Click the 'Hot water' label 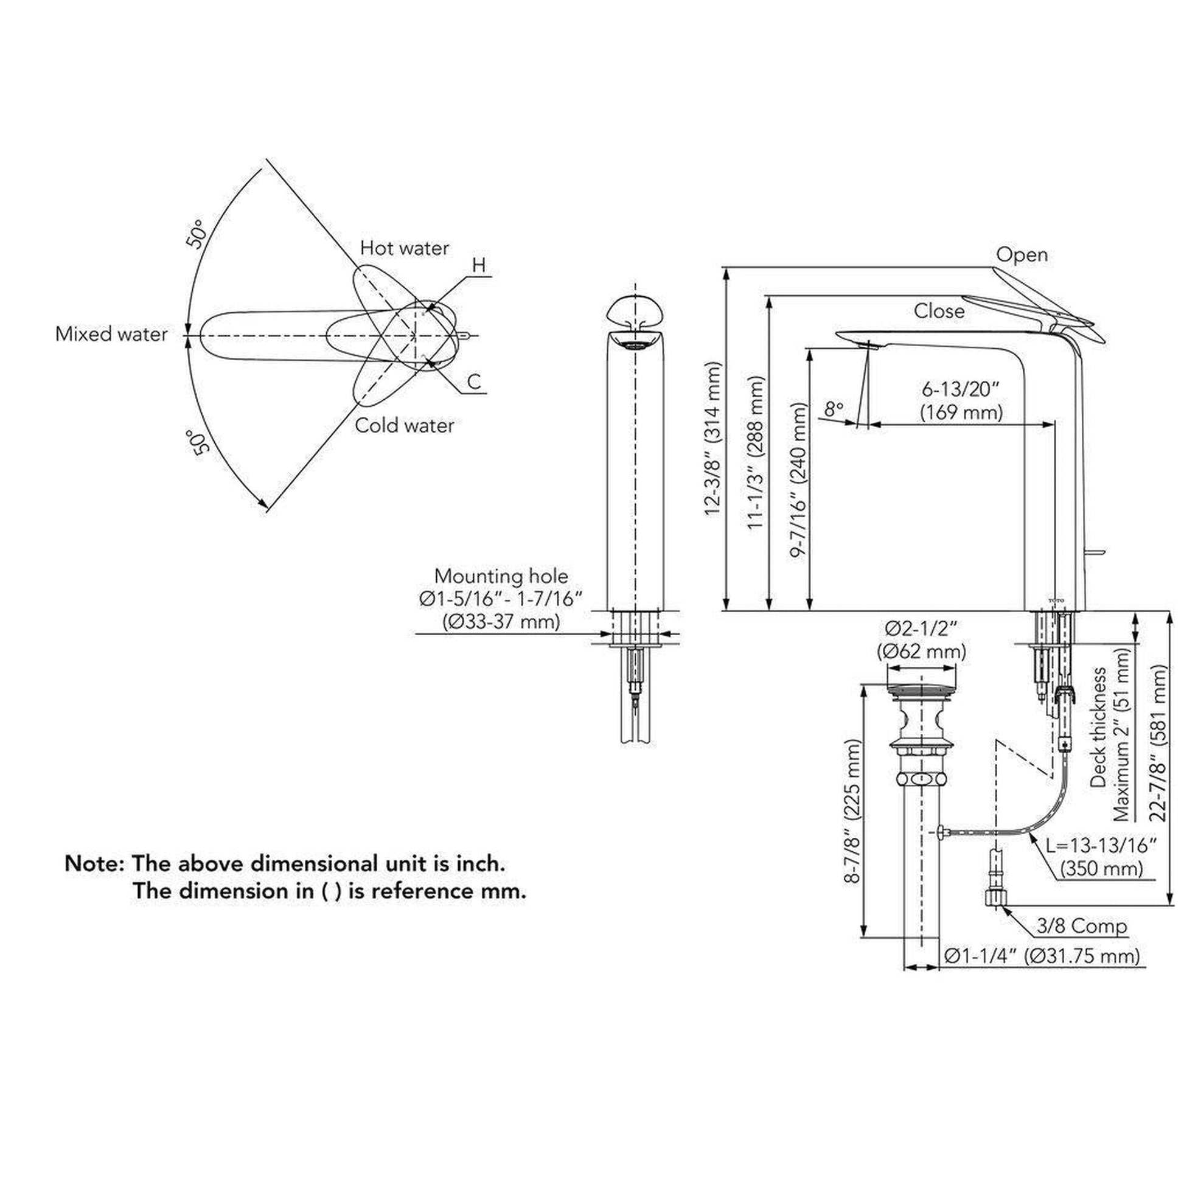tap(404, 248)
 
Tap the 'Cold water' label tap(405, 425)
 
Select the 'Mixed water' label tap(111, 335)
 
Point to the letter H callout tap(479, 265)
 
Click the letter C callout tap(475, 382)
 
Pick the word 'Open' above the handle tap(1021, 255)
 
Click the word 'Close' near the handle tap(939, 311)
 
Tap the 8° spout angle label tap(834, 409)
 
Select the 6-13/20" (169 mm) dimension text tap(961, 401)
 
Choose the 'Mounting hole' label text tap(501, 576)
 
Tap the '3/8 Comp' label tap(1082, 926)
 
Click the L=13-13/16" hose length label tap(1100, 846)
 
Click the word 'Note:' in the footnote tap(95, 863)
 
